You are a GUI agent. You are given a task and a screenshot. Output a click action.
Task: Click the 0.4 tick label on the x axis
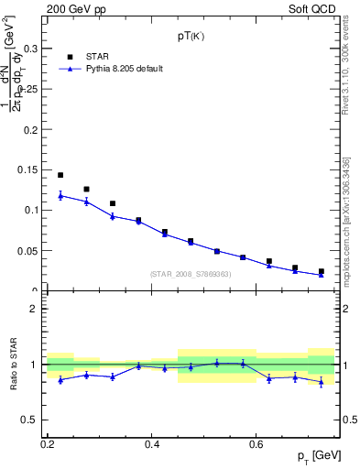153,443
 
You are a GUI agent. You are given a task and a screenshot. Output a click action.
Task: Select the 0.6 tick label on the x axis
258,443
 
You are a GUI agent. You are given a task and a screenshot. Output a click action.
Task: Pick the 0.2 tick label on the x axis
48,443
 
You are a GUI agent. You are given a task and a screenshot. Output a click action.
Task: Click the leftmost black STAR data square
60,175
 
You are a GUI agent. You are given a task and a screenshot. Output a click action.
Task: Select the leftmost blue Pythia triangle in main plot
60,195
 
